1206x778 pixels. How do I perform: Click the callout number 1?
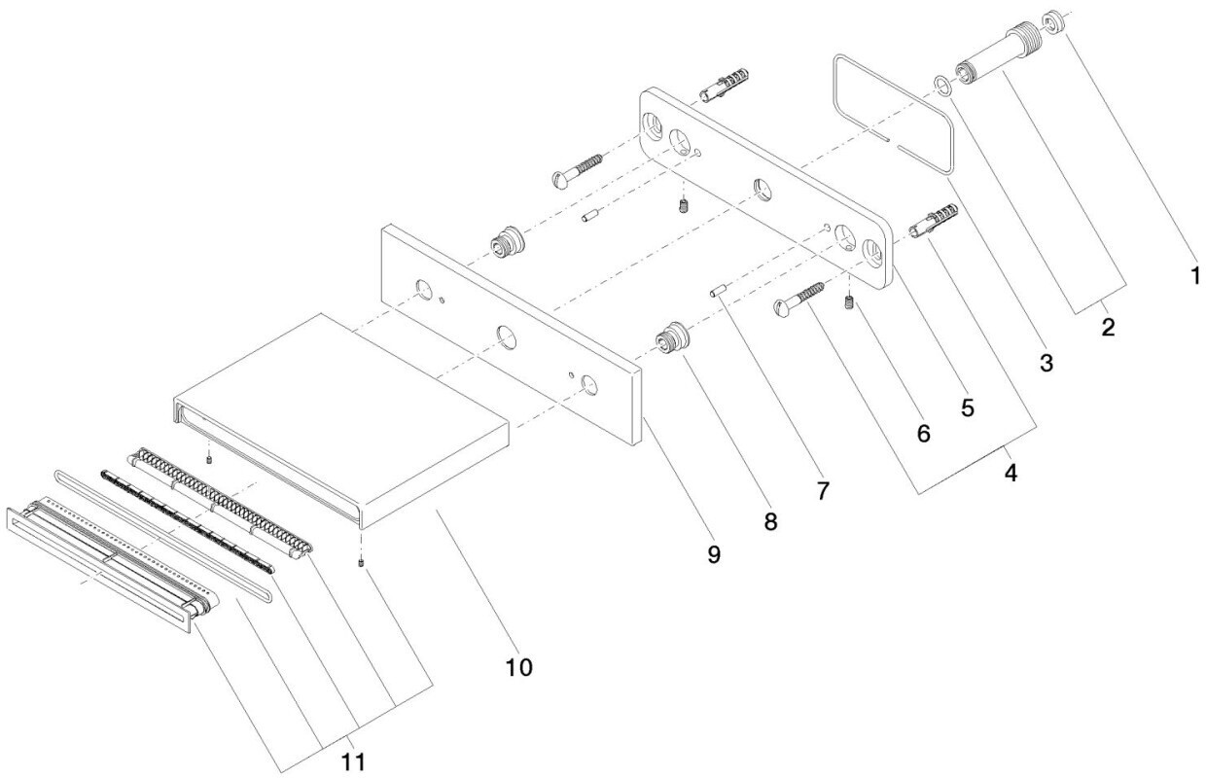tap(1194, 275)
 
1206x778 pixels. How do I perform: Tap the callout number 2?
tap(1108, 327)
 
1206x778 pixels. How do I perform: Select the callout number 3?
tap(1046, 363)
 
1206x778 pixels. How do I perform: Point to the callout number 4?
tap(1011, 474)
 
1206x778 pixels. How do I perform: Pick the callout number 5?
tap(968, 408)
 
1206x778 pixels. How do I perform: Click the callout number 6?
tap(923, 434)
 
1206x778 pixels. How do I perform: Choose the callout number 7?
tap(823, 490)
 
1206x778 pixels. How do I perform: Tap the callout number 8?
tap(770, 521)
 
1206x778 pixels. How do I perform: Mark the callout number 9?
tap(713, 554)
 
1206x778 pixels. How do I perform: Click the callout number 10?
tap(519, 668)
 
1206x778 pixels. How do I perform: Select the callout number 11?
tap(353, 761)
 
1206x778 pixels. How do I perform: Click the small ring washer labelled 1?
tap(1052, 21)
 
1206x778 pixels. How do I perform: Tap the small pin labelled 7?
tap(718, 290)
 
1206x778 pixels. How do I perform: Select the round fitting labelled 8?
tap(672, 338)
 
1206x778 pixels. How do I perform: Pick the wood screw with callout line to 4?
tap(799, 299)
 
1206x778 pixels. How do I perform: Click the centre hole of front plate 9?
tap(506, 337)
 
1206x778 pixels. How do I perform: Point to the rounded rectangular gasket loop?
tap(893, 114)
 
